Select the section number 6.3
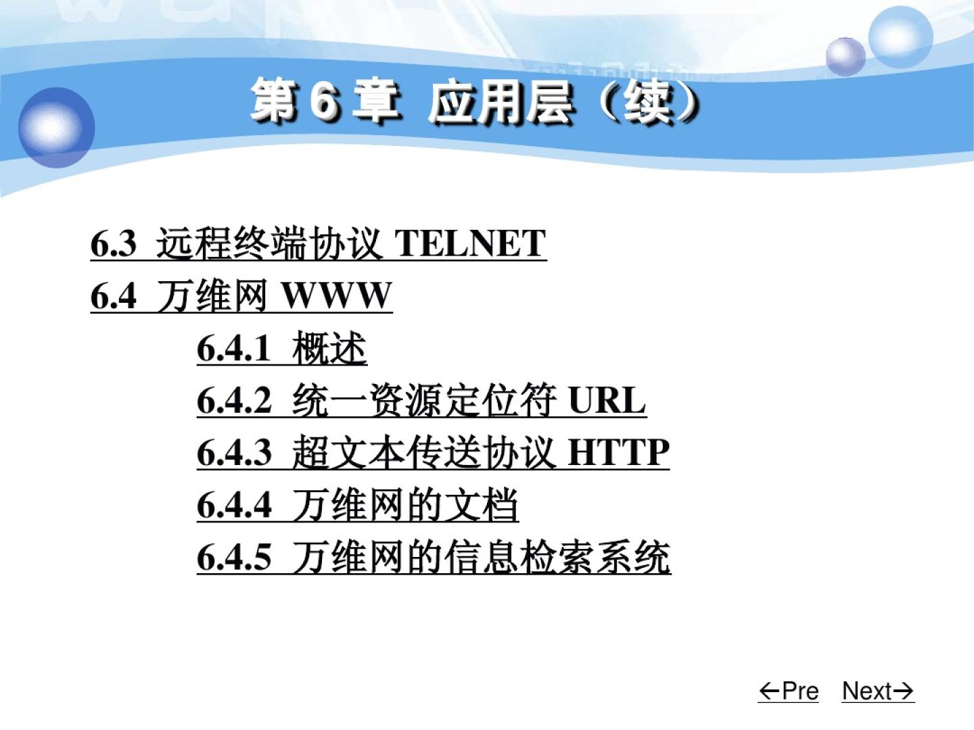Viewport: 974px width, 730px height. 113,243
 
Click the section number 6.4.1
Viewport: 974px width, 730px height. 233,348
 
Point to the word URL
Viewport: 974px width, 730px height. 607,400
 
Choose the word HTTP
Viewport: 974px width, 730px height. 619,453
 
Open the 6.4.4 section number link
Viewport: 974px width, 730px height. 234,505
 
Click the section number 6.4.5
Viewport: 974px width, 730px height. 234,557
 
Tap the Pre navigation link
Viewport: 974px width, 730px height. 789,691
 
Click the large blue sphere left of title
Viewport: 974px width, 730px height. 56,127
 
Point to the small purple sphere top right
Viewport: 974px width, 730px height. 845,56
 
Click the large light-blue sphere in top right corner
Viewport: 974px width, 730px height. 900,37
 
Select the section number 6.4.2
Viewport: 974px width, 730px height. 234,400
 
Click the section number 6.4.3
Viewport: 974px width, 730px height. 234,453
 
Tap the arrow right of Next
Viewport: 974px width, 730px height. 904,691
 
